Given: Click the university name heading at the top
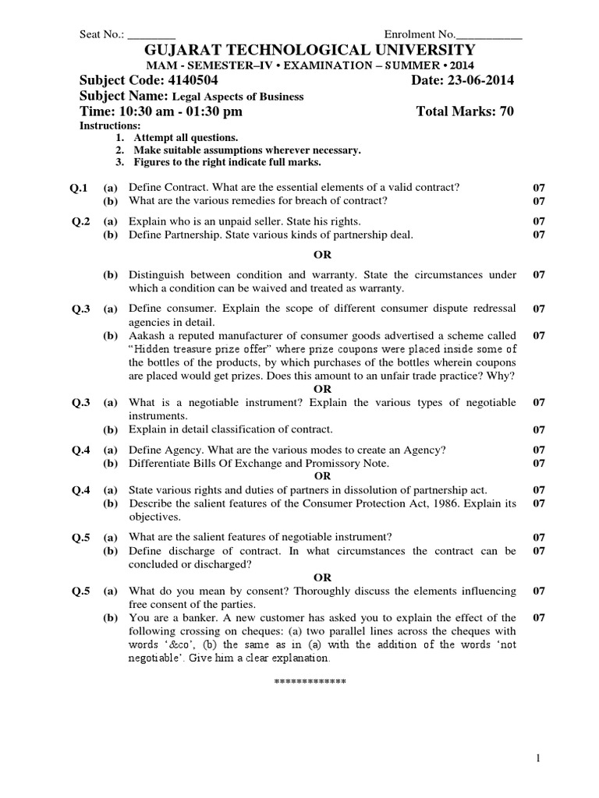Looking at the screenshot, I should click(x=300, y=50).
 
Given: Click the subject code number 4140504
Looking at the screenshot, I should click(x=190, y=81).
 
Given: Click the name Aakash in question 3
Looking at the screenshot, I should click(x=145, y=335).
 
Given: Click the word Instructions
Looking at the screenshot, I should click(x=111, y=125).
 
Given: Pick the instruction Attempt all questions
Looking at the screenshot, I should click(x=180, y=138).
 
